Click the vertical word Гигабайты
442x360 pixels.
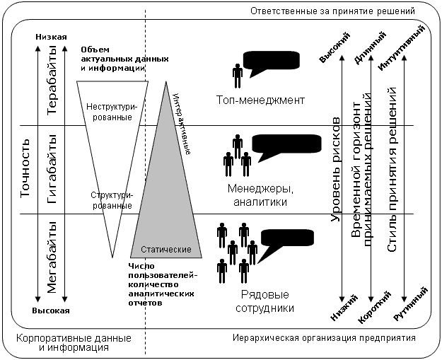click(51, 170)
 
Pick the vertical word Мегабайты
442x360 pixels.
click(51, 255)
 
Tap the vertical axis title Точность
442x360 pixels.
click(25, 170)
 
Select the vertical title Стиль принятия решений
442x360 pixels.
click(392, 170)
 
